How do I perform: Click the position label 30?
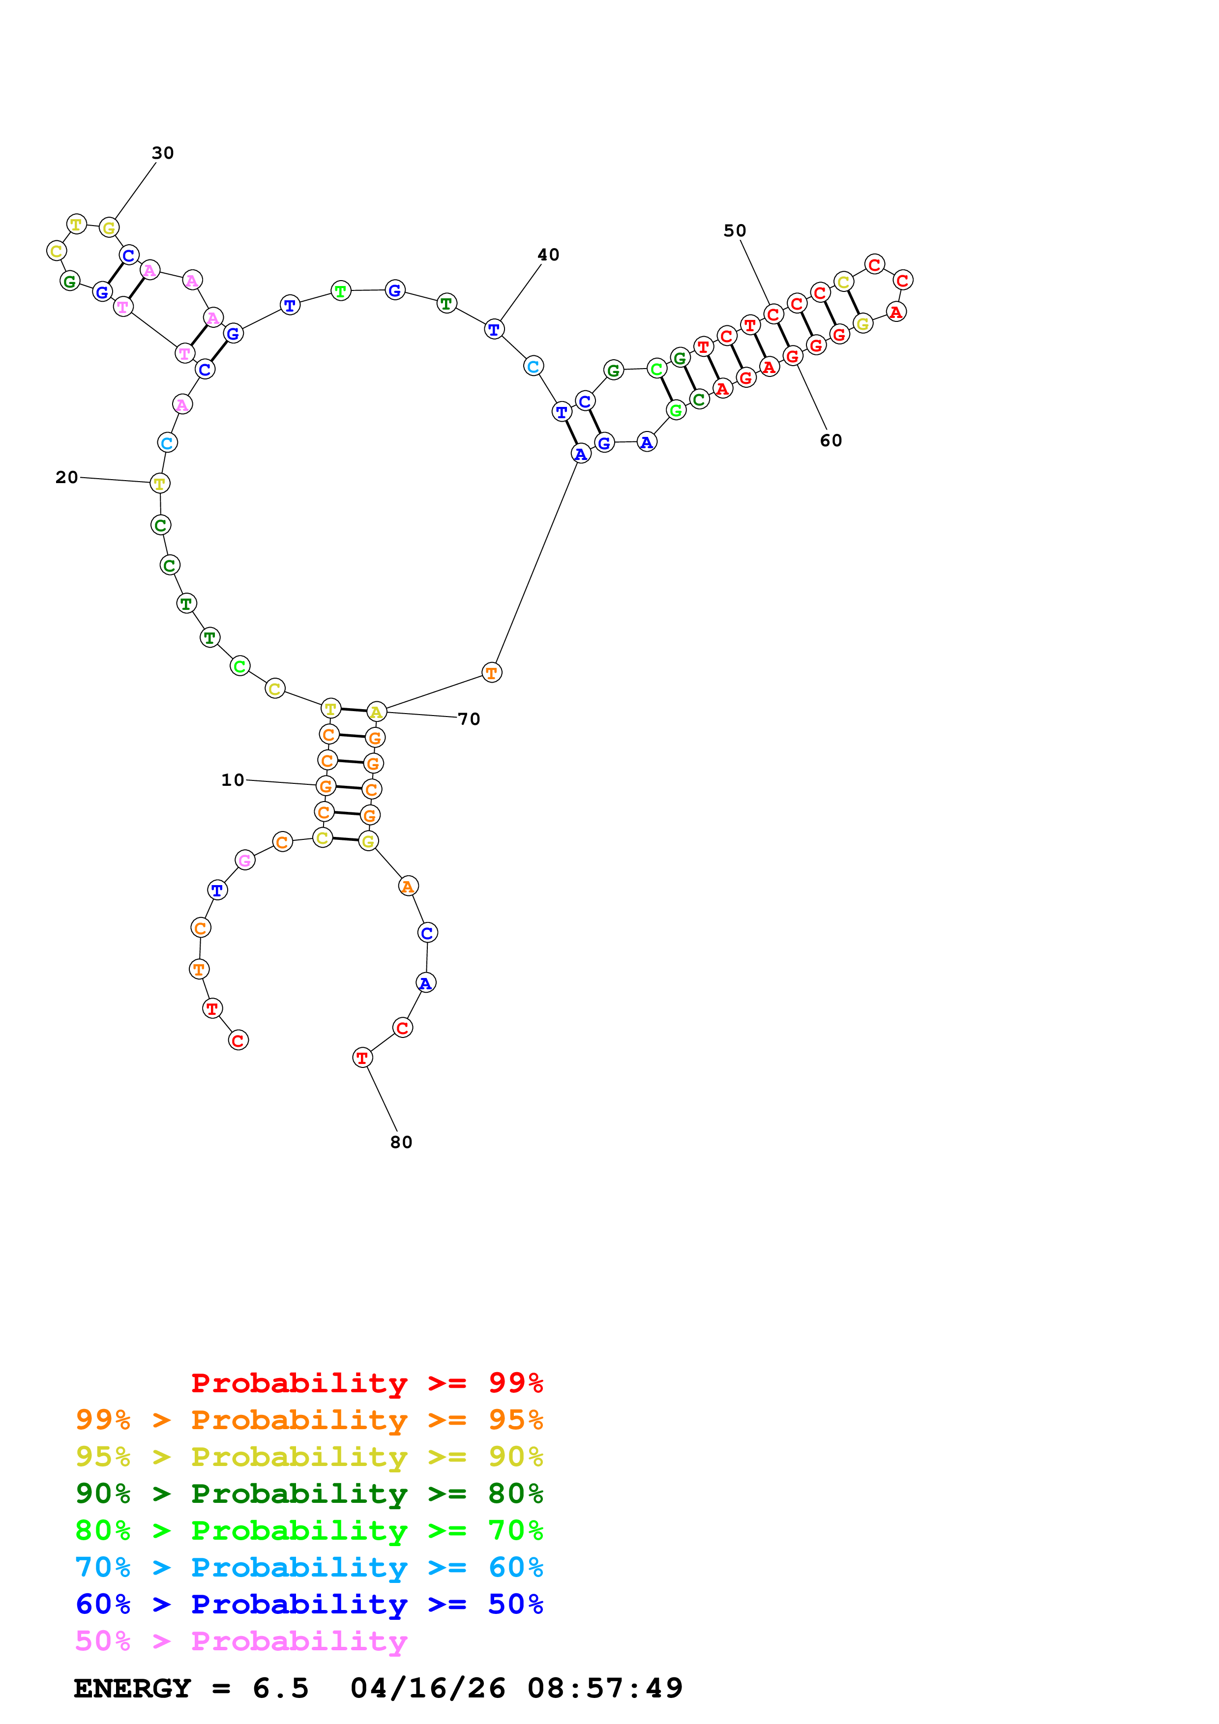pyautogui.click(x=163, y=153)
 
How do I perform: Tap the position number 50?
pyautogui.click(x=735, y=231)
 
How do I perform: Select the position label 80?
pyautogui.click(x=401, y=1142)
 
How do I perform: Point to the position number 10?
pyautogui.click(x=233, y=780)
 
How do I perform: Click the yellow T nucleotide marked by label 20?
pyautogui.click(x=159, y=484)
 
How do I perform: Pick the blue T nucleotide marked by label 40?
pyautogui.click(x=494, y=329)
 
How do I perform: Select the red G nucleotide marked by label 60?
pyautogui.click(x=792, y=356)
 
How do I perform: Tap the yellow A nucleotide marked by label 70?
pyautogui.click(x=376, y=712)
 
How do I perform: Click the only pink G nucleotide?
pyautogui.click(x=245, y=861)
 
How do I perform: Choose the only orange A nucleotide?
pyautogui.click(x=408, y=887)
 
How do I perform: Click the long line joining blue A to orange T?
pyautogui.click(x=536, y=563)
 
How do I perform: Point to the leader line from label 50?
pyautogui.click(x=755, y=272)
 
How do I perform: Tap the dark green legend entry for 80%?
pyautogui.click(x=309, y=1494)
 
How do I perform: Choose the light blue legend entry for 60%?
pyautogui.click(x=309, y=1567)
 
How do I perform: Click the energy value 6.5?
pyautogui.click(x=280, y=1689)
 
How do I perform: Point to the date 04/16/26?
pyautogui.click(x=427, y=1689)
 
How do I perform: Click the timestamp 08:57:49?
pyautogui.click(x=605, y=1689)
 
